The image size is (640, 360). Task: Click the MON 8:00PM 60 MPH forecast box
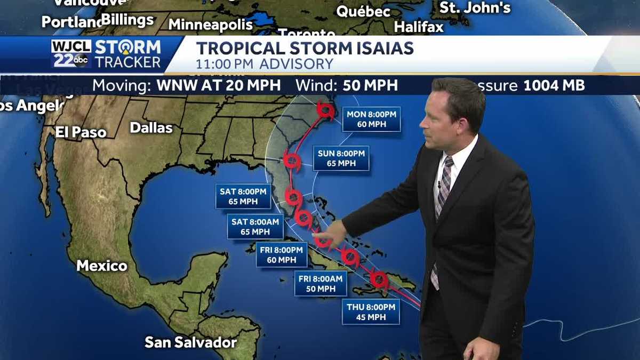371,119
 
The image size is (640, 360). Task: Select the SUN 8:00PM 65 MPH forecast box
341,158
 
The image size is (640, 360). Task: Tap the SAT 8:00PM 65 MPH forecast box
244,196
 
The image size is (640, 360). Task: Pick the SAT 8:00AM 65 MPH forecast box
255,227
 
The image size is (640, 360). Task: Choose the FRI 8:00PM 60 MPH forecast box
282,254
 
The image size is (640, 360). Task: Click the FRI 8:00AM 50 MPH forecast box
321,283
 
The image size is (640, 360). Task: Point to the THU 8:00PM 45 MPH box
371,312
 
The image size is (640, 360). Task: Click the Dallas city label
151,128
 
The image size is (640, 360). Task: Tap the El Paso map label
81,132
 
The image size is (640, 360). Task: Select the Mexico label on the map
102,266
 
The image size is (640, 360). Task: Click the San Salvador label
190,342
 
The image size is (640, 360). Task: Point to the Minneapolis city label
211,25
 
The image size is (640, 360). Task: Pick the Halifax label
419,27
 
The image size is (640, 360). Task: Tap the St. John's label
475,8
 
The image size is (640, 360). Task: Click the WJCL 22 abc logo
71,54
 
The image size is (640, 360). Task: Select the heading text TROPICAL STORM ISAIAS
305,48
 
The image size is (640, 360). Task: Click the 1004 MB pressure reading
554,85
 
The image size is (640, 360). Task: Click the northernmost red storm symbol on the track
325,110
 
